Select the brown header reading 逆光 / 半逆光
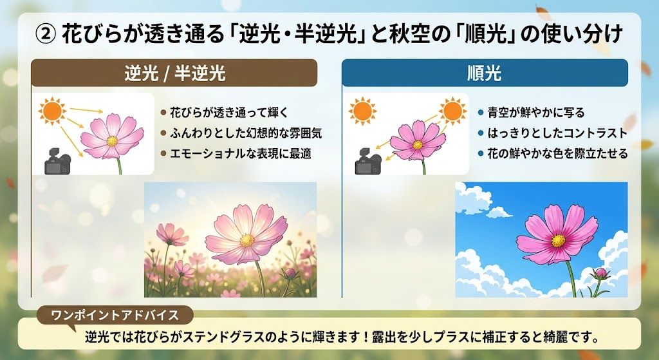tap(174, 73)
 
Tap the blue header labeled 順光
tap(485, 73)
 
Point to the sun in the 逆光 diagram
tap(52, 111)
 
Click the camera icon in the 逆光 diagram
tap(57, 162)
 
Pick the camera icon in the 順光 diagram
tap(368, 162)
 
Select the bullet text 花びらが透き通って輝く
tap(229, 113)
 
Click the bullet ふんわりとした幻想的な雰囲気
tap(246, 133)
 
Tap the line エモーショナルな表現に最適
tap(241, 153)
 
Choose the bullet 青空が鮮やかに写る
tap(536, 113)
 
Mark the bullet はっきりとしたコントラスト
tap(557, 133)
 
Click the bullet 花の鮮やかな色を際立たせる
tap(557, 153)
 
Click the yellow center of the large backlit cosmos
tap(246, 240)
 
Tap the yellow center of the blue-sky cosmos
tap(558, 241)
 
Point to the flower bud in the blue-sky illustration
tap(601, 273)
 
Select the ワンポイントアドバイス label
tap(115, 316)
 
